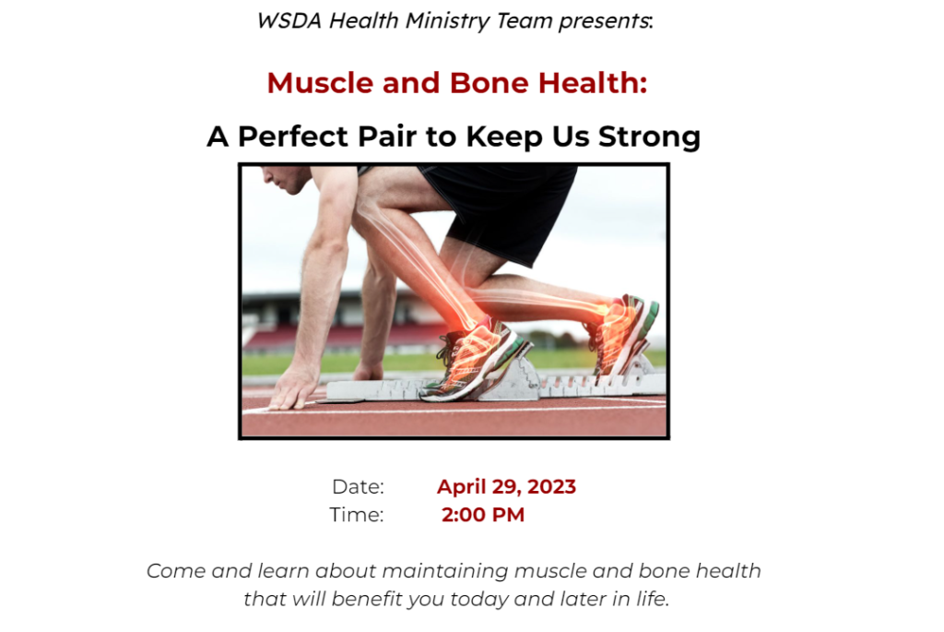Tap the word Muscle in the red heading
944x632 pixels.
tap(320, 82)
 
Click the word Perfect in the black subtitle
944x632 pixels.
tap(293, 137)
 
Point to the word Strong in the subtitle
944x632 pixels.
tap(649, 137)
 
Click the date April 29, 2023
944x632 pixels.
tap(506, 486)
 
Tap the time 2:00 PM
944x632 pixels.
tap(483, 515)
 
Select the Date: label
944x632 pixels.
tap(358, 486)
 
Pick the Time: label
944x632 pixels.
tap(356, 515)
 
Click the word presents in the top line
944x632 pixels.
tap(603, 21)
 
